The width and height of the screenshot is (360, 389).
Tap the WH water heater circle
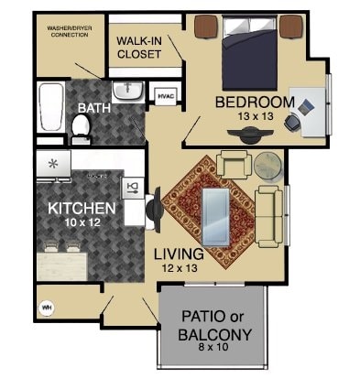pos(47,308)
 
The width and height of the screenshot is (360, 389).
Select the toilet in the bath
pos(80,132)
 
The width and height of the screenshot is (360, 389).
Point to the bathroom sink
pos(126,91)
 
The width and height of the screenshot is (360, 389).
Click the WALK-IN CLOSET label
pos(138,47)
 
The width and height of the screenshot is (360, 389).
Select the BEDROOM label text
pos(254,102)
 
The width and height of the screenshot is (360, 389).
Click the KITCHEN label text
pos(82,208)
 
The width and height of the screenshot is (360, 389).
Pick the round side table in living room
pos(267,165)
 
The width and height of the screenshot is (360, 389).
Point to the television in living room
pos(153,211)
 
